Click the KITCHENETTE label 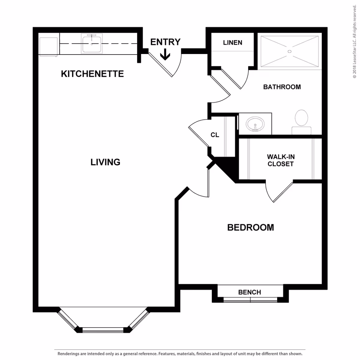(x=92, y=74)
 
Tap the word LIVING (x=105, y=162)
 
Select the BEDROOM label (x=250, y=227)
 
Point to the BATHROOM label (x=282, y=87)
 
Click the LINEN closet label (x=232, y=43)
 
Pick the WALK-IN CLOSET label (x=280, y=160)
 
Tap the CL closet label (x=215, y=135)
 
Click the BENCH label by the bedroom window (x=250, y=292)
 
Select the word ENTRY (x=165, y=42)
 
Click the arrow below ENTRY (x=165, y=55)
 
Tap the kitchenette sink (x=91, y=43)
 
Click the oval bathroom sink (x=255, y=124)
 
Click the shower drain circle (x=289, y=51)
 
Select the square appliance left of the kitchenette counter (x=48, y=46)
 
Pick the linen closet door (x=231, y=79)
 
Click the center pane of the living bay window (x=103, y=330)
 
